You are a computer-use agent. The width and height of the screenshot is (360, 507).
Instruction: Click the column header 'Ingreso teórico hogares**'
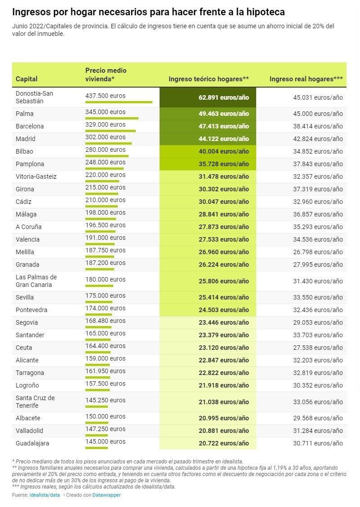209,79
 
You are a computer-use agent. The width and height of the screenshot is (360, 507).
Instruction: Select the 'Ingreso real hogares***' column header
306,79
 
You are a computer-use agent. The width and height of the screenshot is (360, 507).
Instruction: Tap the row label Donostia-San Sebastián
34,97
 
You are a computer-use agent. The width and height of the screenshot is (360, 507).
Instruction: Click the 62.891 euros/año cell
223,97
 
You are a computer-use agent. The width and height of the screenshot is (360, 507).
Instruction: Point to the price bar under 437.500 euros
119,102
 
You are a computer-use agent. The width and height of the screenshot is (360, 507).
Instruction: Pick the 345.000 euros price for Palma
105,112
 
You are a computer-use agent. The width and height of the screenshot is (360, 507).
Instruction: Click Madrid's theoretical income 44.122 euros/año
223,139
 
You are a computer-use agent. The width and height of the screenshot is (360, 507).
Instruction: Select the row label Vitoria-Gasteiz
36,176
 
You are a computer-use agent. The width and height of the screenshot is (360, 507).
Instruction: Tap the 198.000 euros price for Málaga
105,212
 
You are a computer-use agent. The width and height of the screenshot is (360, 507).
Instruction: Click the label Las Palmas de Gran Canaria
36,281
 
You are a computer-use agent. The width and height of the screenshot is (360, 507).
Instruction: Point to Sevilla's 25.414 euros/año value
223,297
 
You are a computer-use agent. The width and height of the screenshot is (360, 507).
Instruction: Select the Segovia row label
27,322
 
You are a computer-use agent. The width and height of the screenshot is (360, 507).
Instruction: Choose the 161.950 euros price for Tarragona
105,371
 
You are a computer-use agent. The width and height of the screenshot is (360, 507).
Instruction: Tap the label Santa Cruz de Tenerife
35,401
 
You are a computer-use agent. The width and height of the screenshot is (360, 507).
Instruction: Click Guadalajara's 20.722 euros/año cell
223,443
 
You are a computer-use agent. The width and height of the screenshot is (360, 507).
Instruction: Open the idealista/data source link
44,495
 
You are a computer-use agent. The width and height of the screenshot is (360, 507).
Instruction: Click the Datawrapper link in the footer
107,495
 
